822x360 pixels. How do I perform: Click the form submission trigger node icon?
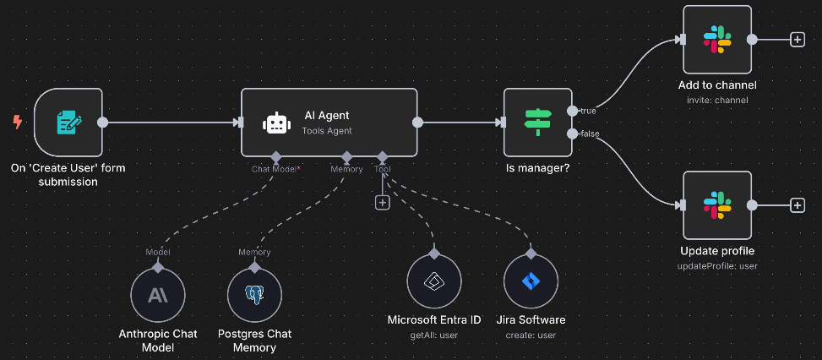(68, 122)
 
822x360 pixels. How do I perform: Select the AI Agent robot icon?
(277, 123)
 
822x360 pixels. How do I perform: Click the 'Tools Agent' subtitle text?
(327, 130)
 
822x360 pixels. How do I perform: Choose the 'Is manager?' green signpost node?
(537, 122)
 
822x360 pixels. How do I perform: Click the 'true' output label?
(588, 110)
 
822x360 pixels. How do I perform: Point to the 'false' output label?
(590, 134)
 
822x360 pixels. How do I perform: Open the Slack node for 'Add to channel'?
(717, 40)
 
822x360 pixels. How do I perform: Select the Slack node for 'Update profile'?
(717, 205)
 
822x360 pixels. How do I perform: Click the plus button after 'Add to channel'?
(797, 40)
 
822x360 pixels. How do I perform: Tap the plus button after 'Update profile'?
(797, 205)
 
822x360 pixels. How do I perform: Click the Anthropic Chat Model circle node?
(158, 295)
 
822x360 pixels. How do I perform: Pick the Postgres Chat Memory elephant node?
(254, 295)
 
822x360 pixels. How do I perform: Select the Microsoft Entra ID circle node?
(433, 281)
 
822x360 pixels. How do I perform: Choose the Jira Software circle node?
(531, 281)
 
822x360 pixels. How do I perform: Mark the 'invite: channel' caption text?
(717, 101)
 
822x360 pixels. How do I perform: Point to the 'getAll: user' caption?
(433, 335)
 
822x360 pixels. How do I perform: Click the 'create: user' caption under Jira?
(531, 335)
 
